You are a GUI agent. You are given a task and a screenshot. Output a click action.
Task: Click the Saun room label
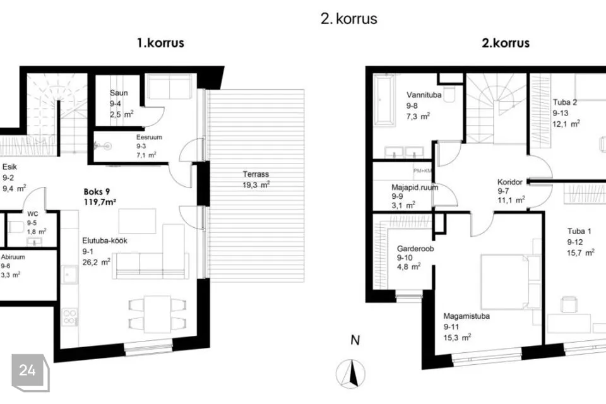pos(119,93)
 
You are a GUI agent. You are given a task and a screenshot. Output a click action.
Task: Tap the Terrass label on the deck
pos(256,174)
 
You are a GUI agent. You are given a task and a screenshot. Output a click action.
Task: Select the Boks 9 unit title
pos(97,192)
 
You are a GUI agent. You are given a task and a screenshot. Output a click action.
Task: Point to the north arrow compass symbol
pos(350,374)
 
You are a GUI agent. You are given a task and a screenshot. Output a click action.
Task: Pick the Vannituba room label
pos(424,95)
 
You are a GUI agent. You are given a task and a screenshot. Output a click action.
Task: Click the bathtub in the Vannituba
pos(383,100)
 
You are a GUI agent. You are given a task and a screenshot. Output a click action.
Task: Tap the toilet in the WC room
pos(16,227)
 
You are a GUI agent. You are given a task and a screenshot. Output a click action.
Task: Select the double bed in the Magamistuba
pos(504,282)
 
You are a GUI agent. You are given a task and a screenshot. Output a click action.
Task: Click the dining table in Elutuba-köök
pos(157,314)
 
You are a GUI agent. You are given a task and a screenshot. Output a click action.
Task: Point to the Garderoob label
pos(415,249)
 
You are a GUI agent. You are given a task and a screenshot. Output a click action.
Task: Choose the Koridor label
pos(510,182)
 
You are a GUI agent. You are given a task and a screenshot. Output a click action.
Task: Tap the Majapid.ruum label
pos(415,187)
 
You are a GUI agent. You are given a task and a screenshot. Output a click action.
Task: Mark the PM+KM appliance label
pos(422,171)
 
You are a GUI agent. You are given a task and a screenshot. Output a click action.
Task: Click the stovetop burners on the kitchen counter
pos(69,317)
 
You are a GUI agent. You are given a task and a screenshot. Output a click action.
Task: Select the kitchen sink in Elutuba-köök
pos(69,275)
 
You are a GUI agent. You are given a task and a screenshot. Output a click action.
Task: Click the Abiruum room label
pos(13,257)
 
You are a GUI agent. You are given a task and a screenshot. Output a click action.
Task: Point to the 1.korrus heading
pos(160,42)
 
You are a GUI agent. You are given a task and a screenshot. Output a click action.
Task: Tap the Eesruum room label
pos(149,137)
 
